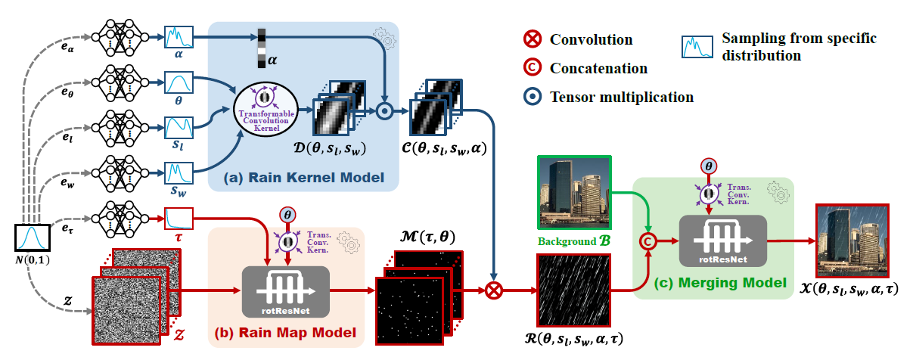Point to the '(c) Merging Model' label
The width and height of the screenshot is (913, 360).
tap(715, 282)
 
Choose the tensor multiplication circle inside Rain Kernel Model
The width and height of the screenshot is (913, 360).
tap(384, 111)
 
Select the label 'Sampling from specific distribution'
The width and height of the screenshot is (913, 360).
tap(773, 46)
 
